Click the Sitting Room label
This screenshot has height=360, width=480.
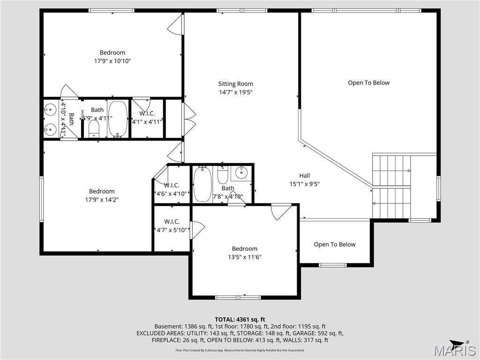click(235, 84)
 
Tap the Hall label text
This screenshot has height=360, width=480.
click(305, 176)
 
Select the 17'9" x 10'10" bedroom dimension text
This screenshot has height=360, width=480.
click(112, 60)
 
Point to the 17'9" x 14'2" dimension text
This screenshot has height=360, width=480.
click(102, 199)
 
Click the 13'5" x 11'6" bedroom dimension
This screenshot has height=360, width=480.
click(244, 257)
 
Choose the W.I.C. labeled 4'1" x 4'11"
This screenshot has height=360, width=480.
click(147, 118)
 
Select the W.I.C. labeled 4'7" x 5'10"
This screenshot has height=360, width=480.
click(172, 225)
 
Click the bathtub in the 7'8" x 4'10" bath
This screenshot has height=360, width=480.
click(202, 185)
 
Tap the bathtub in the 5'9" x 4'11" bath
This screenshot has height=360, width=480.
click(117, 119)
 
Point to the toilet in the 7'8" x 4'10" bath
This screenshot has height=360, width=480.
click(223, 175)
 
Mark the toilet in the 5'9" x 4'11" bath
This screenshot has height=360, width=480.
click(94, 129)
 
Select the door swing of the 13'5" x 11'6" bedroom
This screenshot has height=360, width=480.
click(280, 211)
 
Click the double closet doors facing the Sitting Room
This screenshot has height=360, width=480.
click(189, 119)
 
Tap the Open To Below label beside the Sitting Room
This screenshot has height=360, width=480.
click(368, 83)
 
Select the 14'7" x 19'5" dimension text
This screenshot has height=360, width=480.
click(235, 92)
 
